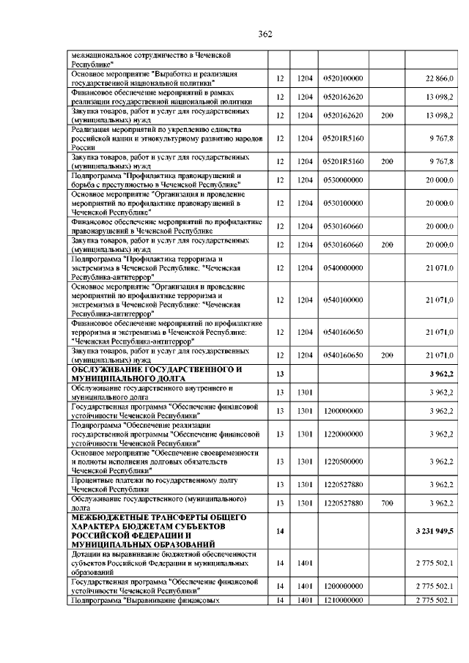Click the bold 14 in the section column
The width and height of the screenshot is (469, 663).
[x=280, y=530]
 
